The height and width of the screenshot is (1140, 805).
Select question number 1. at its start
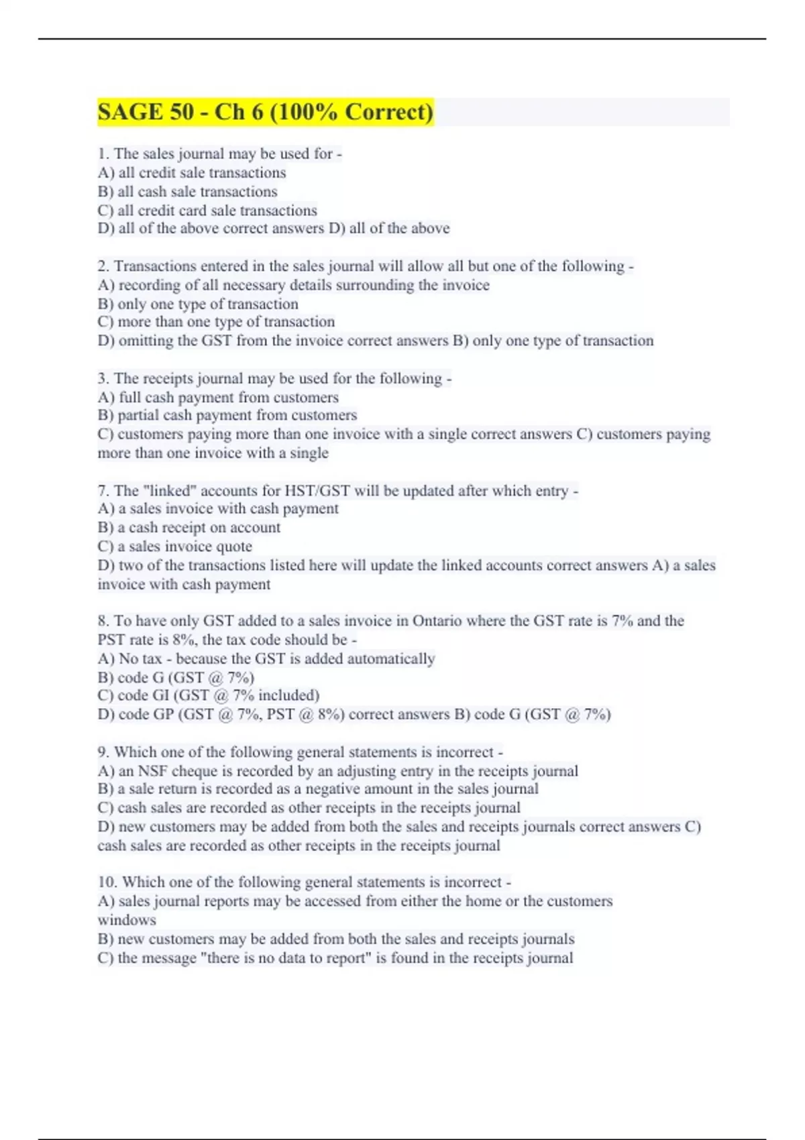tap(103, 154)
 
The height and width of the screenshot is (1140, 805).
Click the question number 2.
tap(103, 266)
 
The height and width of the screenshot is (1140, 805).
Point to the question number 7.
tap(103, 491)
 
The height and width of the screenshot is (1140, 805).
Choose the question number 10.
tap(107, 882)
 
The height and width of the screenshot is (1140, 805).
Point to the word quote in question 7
tap(235, 547)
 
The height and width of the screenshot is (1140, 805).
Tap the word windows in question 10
tap(127, 920)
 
